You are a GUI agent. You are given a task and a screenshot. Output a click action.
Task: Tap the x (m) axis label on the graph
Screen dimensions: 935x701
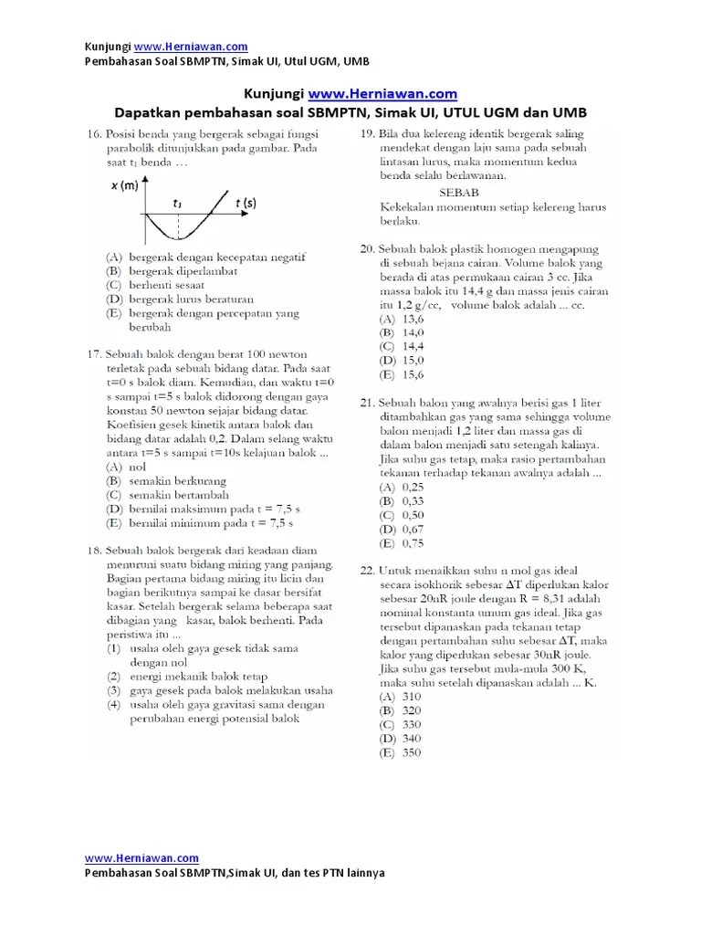(124, 186)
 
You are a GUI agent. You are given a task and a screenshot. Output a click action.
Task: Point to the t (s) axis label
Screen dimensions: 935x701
(246, 202)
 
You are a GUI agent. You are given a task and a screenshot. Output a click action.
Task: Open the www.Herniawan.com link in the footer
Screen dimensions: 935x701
(141, 858)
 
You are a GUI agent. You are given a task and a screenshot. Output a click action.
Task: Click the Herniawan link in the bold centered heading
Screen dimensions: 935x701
(382, 94)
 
